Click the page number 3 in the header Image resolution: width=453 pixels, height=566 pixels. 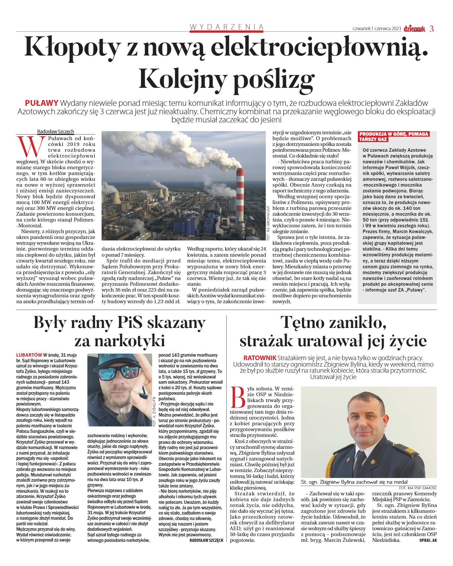pyautogui.click(x=431, y=29)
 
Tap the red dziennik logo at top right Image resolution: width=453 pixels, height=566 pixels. pyautogui.click(x=414, y=29)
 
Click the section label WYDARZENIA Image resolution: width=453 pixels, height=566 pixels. pyautogui.click(x=226, y=27)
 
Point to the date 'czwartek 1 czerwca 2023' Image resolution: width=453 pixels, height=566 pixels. pyautogui.click(x=377, y=29)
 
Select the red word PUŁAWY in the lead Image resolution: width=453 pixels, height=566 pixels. pyautogui.click(x=42, y=103)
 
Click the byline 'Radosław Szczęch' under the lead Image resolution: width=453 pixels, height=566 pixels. pyautogui.click(x=56, y=131)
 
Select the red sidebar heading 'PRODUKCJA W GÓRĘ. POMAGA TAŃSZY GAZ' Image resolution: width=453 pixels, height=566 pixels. pyautogui.click(x=394, y=137)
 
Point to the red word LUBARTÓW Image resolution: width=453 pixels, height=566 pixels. pyautogui.click(x=29, y=355)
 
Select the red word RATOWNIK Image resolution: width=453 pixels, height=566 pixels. pyautogui.click(x=260, y=358)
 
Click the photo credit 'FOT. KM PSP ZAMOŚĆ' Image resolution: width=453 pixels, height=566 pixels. pyautogui.click(x=418, y=488)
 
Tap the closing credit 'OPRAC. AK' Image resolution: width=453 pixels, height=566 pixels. pyautogui.click(x=428, y=540)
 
